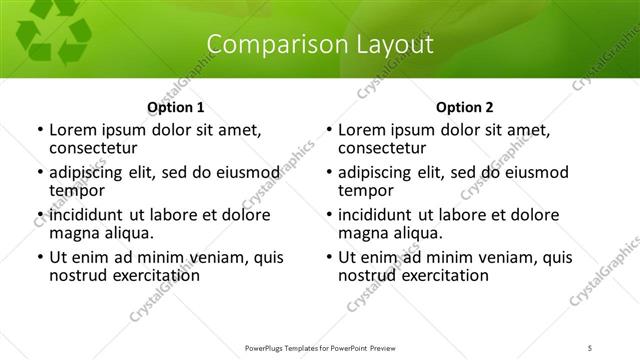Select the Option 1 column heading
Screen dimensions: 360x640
(176, 108)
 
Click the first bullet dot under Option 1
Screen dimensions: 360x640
(39, 131)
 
